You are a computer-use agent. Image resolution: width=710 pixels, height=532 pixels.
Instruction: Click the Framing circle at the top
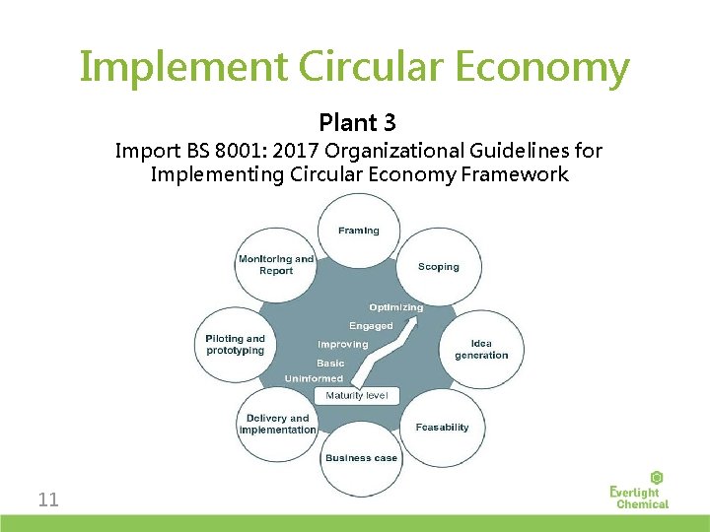pos(358,231)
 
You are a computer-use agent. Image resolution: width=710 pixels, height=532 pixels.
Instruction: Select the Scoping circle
pos(438,267)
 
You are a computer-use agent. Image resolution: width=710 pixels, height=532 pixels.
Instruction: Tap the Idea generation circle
pos(481,350)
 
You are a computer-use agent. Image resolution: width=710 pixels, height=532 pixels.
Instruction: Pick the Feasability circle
pos(442,428)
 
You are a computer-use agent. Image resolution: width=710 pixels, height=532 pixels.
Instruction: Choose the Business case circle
pos(361,458)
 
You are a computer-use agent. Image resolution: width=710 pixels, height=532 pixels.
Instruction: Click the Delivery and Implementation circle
pos(277,424)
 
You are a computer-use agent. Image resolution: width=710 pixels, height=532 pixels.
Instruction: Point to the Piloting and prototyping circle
pos(235,345)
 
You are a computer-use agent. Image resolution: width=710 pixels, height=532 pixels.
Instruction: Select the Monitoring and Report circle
pos(276,265)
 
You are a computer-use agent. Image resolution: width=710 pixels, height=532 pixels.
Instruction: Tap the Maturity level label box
pos(357,395)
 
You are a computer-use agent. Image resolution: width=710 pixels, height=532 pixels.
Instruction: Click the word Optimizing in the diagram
pos(396,307)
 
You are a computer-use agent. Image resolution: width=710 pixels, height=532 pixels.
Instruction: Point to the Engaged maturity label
pos(371,326)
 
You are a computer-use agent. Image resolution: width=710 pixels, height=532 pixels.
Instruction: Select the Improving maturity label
pos(342,345)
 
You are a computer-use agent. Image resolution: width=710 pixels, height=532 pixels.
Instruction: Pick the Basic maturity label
pos(330,364)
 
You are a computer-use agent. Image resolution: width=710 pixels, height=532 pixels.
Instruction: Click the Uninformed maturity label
pos(314,378)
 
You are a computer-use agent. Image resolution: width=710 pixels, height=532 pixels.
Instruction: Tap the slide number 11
pos(48,499)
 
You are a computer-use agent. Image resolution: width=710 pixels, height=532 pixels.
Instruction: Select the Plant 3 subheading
pos(357,123)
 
